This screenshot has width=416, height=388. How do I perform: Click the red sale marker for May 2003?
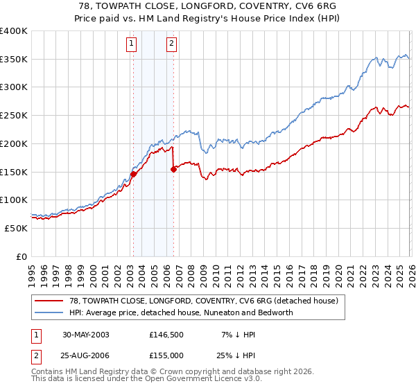(133, 174)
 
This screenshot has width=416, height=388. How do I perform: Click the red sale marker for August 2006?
(173, 169)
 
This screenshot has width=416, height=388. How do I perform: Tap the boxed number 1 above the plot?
(132, 44)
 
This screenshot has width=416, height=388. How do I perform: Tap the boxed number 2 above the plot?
(171, 44)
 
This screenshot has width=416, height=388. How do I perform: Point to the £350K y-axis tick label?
(14, 60)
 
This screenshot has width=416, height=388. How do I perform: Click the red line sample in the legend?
(51, 301)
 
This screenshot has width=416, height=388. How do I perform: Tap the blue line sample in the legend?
(51, 312)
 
